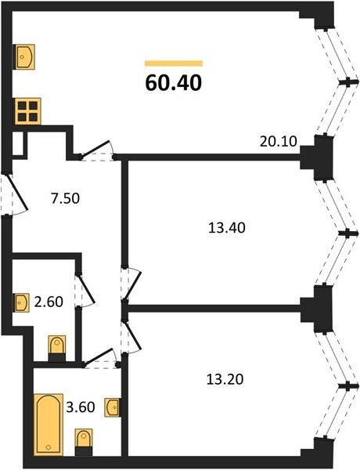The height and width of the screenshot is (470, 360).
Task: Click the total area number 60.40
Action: [174, 83]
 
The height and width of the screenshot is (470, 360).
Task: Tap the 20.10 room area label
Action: [279, 142]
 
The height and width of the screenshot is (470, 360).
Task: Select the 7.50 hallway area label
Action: [65, 198]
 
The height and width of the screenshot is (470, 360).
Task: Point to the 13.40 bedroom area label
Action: [227, 228]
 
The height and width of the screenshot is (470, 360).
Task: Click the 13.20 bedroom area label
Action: [225, 379]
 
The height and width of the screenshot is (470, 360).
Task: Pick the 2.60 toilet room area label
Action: [49, 302]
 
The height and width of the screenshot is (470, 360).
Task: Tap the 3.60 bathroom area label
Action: [81, 407]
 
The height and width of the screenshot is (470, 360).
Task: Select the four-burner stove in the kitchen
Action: [28, 111]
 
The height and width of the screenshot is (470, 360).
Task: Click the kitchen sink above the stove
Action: [25, 57]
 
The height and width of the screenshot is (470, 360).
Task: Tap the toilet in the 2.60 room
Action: [57, 349]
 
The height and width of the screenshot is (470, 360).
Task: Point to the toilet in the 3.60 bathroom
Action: [84, 442]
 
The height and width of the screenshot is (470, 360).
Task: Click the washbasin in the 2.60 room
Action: [22, 303]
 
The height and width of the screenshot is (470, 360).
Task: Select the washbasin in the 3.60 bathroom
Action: [113, 407]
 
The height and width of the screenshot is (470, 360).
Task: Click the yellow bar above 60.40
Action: [174, 63]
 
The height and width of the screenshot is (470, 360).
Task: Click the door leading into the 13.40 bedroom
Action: [130, 284]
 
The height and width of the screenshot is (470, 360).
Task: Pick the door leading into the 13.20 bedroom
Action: [130, 337]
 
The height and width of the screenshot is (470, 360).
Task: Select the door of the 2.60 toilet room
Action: [85, 290]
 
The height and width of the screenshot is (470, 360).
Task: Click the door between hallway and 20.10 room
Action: [96, 151]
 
